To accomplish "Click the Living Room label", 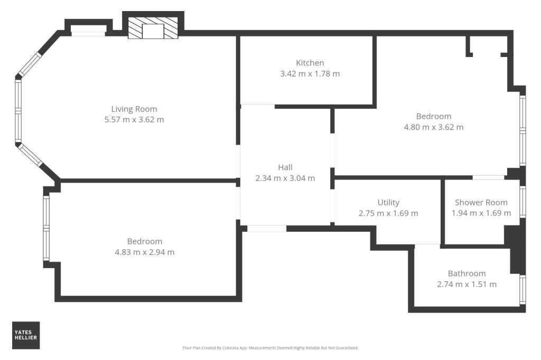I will [134, 109].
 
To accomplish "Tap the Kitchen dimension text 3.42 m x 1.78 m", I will [310, 73].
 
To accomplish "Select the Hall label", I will [285, 167].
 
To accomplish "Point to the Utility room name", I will [388, 202].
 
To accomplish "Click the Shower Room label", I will [481, 202].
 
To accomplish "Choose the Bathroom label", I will [467, 273].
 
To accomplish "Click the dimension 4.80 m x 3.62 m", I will [433, 127].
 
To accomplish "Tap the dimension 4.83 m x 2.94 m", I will [144, 252].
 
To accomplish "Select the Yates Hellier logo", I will [26, 335].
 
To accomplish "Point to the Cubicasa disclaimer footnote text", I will [270, 348].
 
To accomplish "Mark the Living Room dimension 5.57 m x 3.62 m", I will [134, 120].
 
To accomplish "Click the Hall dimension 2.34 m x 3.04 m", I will [285, 178].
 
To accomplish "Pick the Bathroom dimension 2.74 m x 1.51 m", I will [467, 284].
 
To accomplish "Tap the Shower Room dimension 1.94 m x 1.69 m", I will [481, 213].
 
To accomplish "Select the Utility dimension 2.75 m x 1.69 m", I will [388, 213].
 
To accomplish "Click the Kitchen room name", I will [310, 63].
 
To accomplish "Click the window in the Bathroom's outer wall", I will [523, 290].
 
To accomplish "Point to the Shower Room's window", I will [523, 202].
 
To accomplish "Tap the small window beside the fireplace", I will [88, 34].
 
